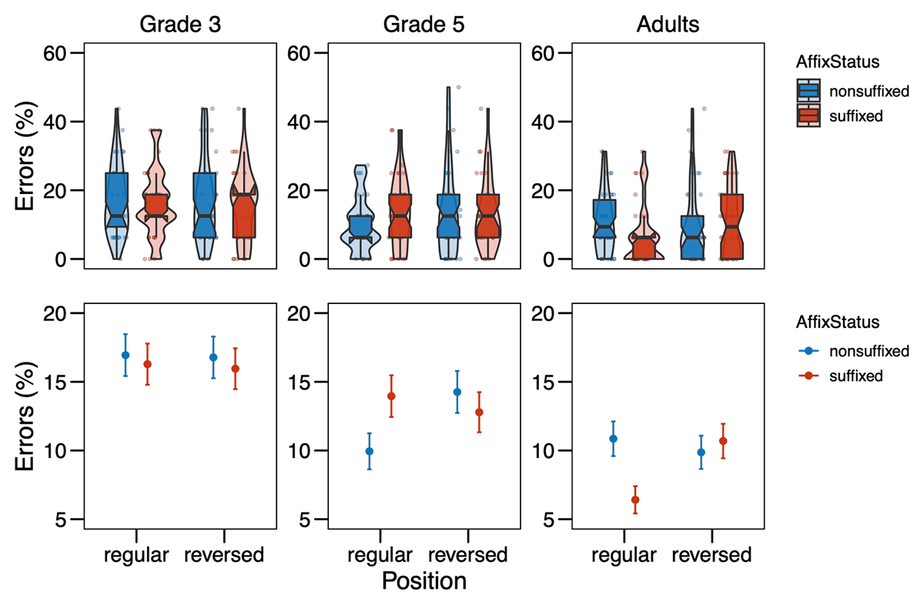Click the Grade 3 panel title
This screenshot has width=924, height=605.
pos(180,24)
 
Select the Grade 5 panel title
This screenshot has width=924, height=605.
pos(423,24)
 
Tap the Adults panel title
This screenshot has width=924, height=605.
pos(668,24)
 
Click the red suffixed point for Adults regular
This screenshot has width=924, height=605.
pos(635,500)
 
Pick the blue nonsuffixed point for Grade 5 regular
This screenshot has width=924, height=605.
pos(369,451)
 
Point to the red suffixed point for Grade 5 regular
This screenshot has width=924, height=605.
pos(390,396)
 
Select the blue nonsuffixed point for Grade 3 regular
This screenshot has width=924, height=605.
pos(125,355)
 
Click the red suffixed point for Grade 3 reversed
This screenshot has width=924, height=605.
pos(235,369)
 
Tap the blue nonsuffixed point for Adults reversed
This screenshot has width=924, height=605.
pos(701,453)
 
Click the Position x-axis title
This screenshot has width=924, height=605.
pos(423,581)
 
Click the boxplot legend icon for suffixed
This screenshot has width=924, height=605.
pos(808,116)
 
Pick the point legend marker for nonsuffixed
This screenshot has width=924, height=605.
pos(808,351)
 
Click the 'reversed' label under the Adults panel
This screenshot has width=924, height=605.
pos(711,555)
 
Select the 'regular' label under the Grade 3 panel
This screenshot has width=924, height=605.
pos(136,555)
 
